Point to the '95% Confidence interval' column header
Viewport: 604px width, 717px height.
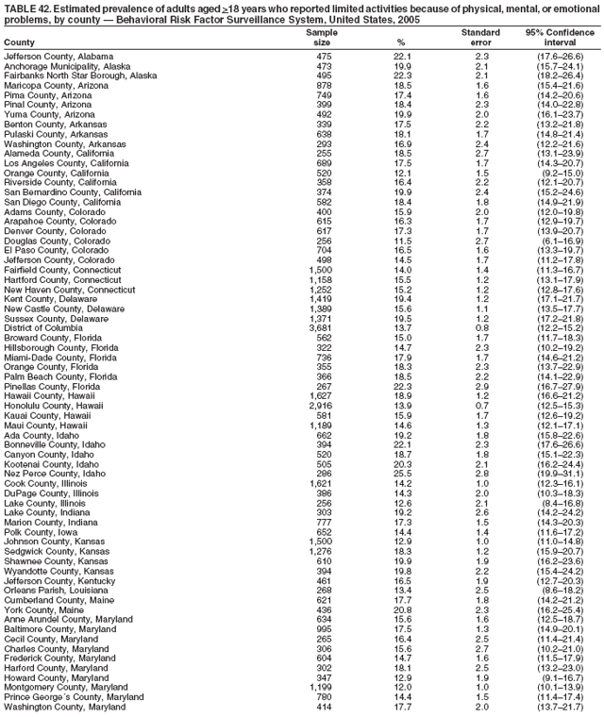tap(560, 37)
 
